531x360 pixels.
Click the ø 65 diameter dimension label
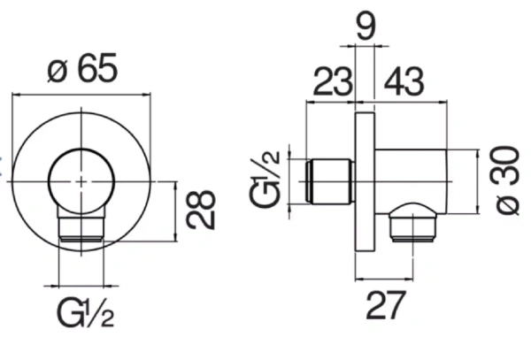point(83,69)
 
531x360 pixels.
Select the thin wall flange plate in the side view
point(363,180)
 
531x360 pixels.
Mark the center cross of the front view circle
point(82,180)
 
